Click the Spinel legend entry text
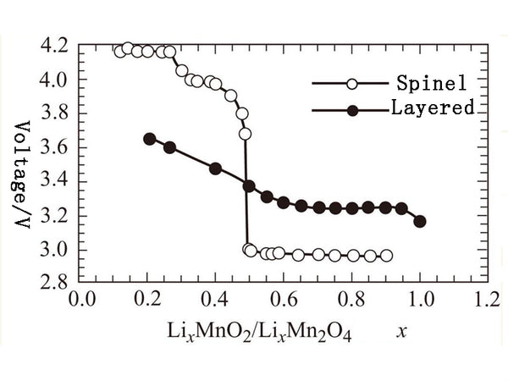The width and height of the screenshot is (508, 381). [427, 84]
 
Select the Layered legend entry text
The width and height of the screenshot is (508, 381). [432, 108]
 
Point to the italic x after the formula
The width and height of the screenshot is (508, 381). [401, 334]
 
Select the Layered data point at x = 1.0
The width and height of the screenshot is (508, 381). [419, 222]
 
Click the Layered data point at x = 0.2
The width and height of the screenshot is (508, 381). [150, 139]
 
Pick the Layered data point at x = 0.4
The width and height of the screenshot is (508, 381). [215, 168]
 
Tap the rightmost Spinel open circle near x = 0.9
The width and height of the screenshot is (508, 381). [386, 256]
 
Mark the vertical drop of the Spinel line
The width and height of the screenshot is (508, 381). [246, 195]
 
